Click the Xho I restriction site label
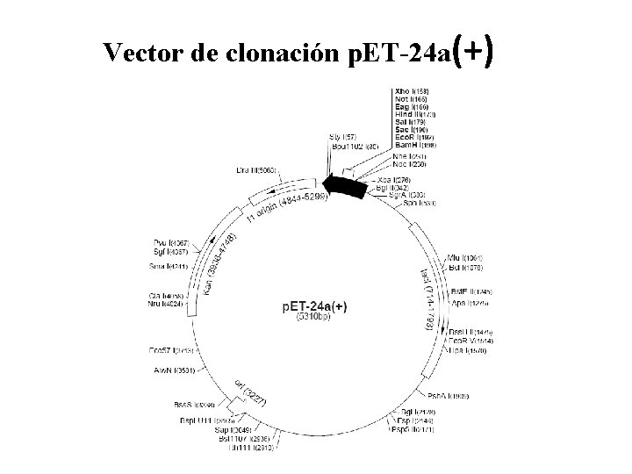(412, 90)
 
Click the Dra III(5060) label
(257, 170)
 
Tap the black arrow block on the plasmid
(344, 186)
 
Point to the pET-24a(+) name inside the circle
(315, 305)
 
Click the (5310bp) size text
(314, 317)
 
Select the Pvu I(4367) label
(171, 242)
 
